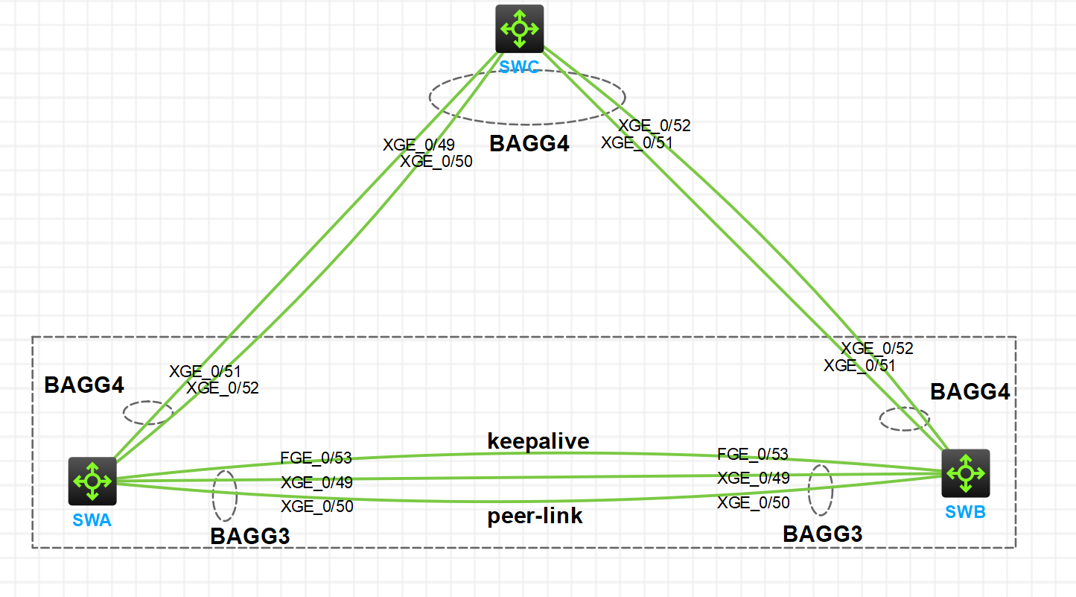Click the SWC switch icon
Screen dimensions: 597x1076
(520, 29)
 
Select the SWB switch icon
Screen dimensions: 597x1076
(965, 473)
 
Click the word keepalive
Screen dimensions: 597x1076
(538, 441)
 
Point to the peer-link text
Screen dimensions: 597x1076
(535, 517)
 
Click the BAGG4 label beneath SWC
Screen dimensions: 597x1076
(529, 144)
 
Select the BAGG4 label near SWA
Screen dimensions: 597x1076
(84, 385)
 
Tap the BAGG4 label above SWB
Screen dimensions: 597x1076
(970, 391)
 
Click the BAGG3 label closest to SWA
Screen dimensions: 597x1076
(250, 536)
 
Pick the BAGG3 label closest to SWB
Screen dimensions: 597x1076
(823, 534)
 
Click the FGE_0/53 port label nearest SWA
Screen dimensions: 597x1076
(316, 458)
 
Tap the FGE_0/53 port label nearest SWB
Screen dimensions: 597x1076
(753, 455)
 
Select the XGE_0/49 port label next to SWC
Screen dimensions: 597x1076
(418, 145)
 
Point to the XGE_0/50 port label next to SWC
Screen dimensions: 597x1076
(436, 161)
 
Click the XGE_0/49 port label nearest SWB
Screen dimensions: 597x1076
(753, 478)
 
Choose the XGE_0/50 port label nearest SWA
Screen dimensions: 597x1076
(316, 507)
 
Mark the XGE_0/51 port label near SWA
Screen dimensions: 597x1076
(205, 371)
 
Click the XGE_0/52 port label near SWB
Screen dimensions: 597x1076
(877, 348)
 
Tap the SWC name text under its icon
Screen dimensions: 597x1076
(520, 67)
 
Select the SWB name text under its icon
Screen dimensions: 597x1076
(965, 512)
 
